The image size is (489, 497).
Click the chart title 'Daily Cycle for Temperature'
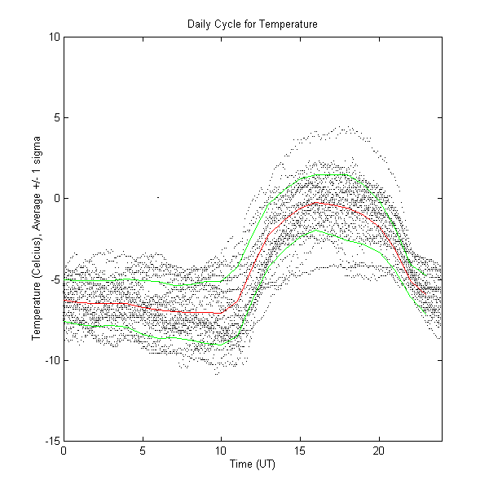tap(253, 24)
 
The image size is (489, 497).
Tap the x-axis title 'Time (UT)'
tap(253, 464)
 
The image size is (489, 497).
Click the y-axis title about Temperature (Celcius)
tap(37, 238)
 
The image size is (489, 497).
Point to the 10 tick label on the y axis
tap(52, 37)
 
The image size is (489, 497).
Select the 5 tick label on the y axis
tap(55, 117)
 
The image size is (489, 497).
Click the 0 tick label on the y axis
tap(55, 198)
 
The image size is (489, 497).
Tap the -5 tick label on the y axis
tap(53, 279)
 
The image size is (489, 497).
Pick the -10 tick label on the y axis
tap(51, 360)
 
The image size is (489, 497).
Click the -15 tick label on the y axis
tap(51, 441)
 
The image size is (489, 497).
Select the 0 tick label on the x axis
tap(64, 451)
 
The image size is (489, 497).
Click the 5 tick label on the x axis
tap(143, 451)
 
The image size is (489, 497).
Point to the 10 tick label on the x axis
tap(221, 451)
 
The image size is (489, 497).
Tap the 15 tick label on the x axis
tap(300, 451)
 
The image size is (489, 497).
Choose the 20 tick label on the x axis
tap(379, 451)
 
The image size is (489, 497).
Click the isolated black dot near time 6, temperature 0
tap(157, 197)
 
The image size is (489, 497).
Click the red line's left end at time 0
tap(64, 301)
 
